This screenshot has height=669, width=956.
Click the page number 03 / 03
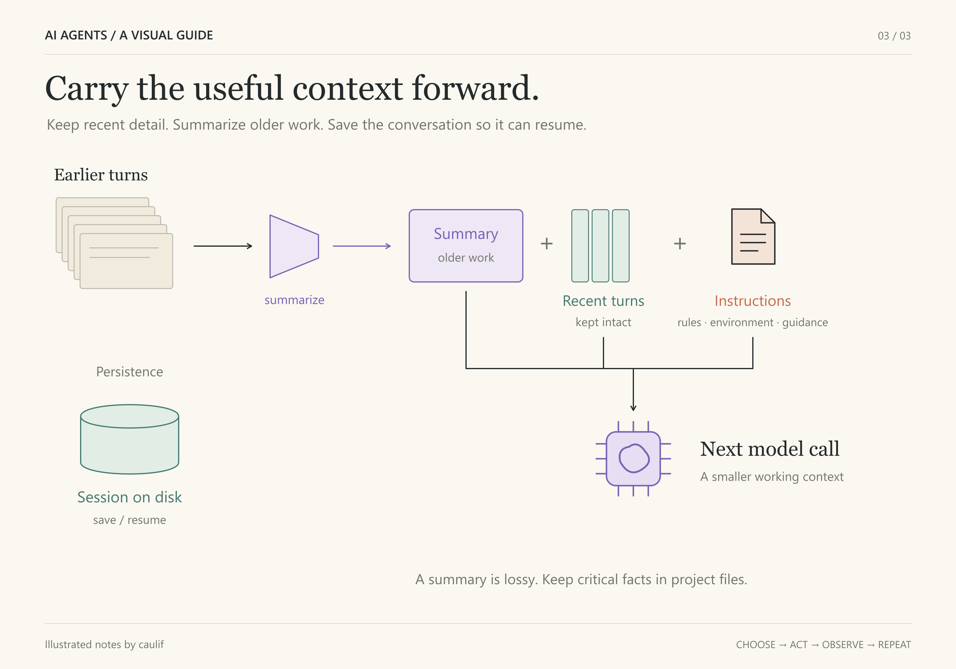pyautogui.click(x=894, y=36)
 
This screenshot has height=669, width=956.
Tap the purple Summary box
pyautogui.click(x=466, y=245)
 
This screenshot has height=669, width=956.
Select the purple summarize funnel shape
pyautogui.click(x=294, y=246)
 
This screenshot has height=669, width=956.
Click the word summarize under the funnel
pyautogui.click(x=294, y=300)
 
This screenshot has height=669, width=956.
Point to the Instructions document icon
pyautogui.click(x=753, y=237)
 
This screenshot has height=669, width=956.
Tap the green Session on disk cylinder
pyautogui.click(x=129, y=439)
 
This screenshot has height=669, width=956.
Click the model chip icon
pyautogui.click(x=633, y=458)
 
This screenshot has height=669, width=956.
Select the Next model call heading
pyautogui.click(x=770, y=449)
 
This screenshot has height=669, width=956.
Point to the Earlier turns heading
pyautogui.click(x=101, y=175)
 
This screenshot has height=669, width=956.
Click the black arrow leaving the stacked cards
pyautogui.click(x=223, y=246)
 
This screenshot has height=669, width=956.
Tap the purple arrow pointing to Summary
pyautogui.click(x=362, y=246)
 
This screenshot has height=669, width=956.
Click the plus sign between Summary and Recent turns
pyautogui.click(x=547, y=243)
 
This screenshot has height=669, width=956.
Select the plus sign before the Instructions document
pyautogui.click(x=680, y=243)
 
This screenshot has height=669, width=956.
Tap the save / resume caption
pyautogui.click(x=129, y=520)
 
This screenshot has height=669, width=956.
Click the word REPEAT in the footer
pyautogui.click(x=894, y=645)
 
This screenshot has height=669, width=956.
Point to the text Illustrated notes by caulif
pyautogui.click(x=104, y=645)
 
